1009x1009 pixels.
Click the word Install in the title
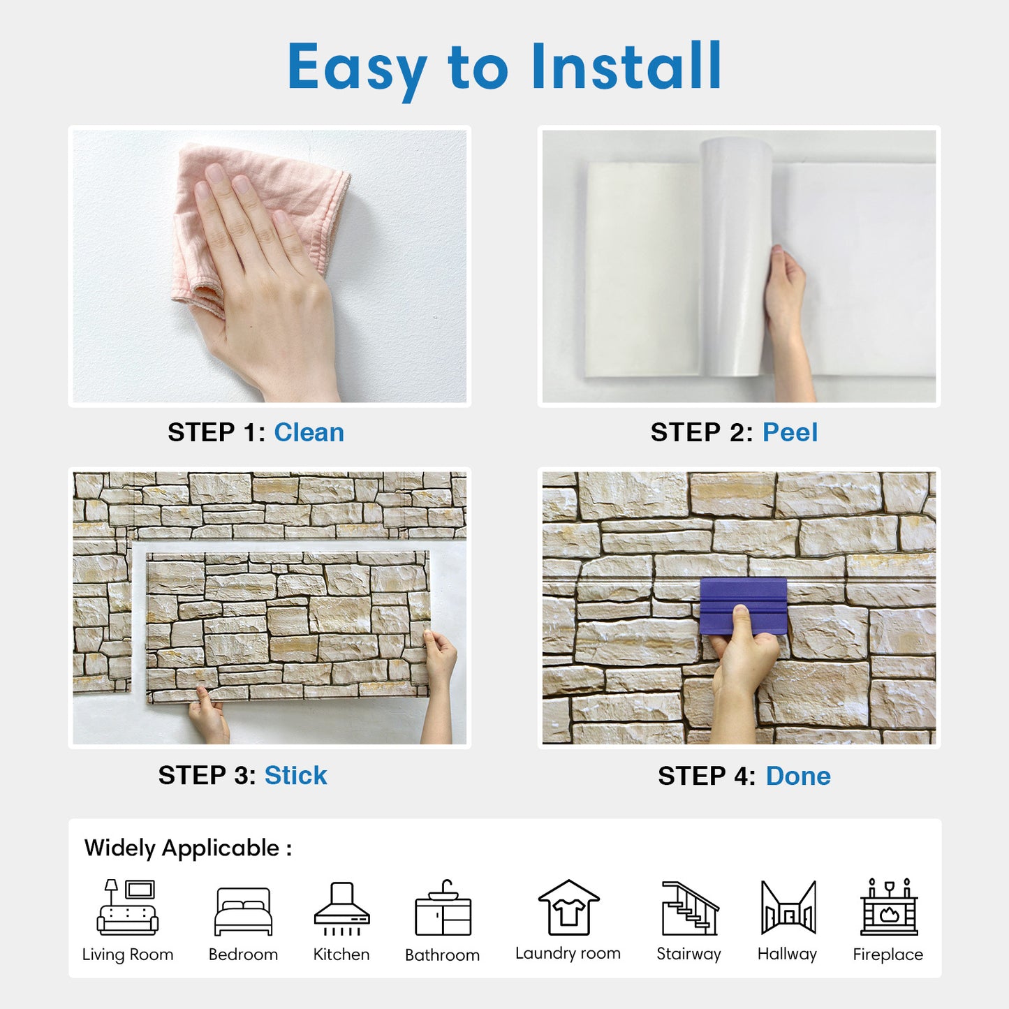626,66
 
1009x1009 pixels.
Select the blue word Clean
309,433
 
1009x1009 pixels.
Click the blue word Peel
790,433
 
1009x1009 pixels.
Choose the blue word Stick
295,776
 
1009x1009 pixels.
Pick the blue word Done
798,776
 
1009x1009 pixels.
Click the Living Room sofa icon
128,907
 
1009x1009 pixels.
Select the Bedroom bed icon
243,911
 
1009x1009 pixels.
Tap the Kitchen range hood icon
341,908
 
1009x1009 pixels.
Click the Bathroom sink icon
443,908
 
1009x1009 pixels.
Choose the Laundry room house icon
568,907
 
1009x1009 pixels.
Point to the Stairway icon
689,908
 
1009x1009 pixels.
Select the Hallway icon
788,908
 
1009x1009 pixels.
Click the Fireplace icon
888,908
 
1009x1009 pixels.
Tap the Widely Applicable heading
188,848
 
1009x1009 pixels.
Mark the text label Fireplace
888,955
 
